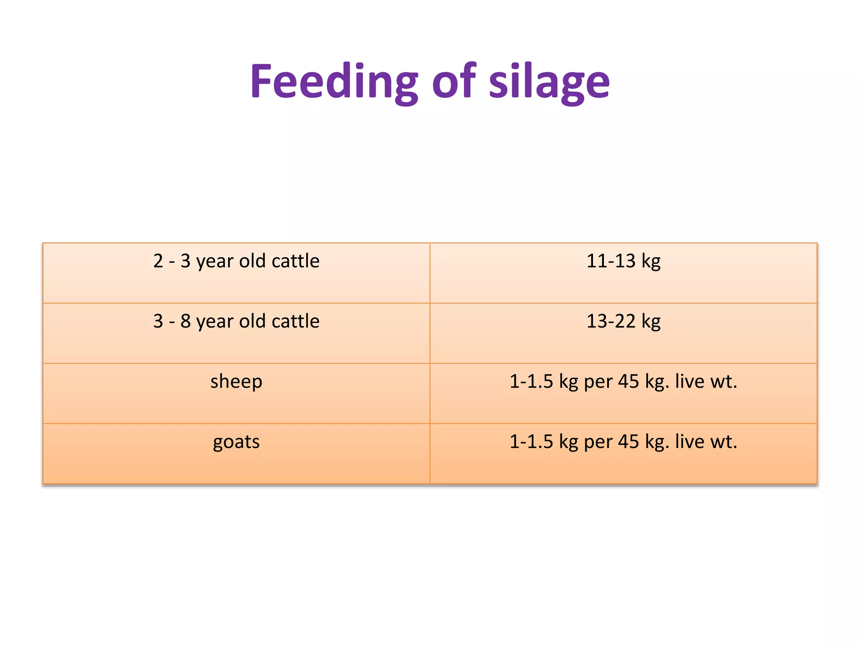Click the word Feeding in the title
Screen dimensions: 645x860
coord(334,82)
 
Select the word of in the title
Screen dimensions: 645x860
coord(454,82)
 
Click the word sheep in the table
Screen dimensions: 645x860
coord(236,382)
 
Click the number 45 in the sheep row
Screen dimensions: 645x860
coord(628,382)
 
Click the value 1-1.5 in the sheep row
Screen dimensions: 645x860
coord(531,382)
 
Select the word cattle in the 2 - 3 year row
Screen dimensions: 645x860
coord(295,261)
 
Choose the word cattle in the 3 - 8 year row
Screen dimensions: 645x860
coord(295,321)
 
